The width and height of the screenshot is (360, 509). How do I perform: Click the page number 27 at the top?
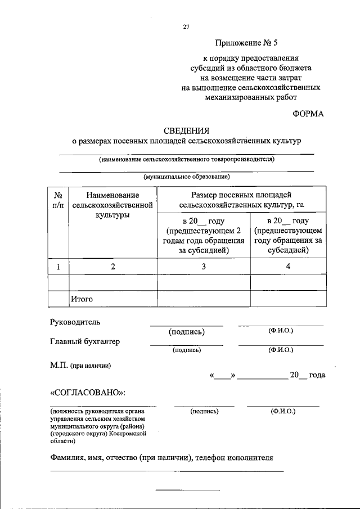pos(186,26)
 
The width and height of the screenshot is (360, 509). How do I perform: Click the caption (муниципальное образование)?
pos(186,177)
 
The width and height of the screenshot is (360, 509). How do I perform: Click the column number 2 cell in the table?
pos(112,267)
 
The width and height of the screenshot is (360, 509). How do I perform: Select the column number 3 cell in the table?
pos(204,267)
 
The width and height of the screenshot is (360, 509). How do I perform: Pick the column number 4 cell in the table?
pos(287,267)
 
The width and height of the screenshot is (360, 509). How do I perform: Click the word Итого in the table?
pos(82,299)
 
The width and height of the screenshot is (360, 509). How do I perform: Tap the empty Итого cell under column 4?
pos(287,299)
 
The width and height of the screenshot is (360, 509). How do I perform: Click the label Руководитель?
pos(75,322)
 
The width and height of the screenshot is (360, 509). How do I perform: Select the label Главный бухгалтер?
pos(85,341)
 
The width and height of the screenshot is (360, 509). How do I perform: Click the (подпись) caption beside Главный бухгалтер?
pos(186,350)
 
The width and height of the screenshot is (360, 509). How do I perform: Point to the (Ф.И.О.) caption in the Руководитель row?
pos(281,330)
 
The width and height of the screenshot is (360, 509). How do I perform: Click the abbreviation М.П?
pos(59,366)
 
